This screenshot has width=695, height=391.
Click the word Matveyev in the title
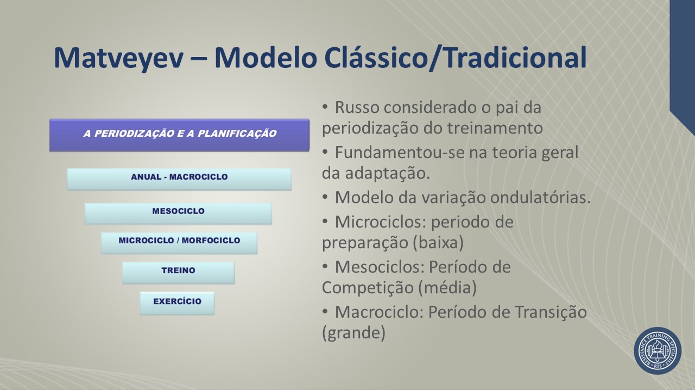[x=118, y=58]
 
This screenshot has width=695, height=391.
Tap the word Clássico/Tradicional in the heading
[x=456, y=58]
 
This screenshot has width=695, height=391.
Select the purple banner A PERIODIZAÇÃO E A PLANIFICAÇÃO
[x=179, y=135]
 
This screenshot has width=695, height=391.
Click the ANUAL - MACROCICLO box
[x=179, y=179]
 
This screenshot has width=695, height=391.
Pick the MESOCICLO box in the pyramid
[x=179, y=213]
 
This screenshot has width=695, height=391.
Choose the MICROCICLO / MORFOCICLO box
[x=179, y=243]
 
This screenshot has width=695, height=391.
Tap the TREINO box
[x=179, y=273]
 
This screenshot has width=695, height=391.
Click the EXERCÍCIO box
[x=177, y=303]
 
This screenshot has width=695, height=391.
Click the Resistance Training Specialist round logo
[x=658, y=351]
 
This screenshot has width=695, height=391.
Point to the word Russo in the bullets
[x=357, y=108]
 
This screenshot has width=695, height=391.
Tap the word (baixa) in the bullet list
[x=438, y=242]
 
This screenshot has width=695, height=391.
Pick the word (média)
[x=447, y=287]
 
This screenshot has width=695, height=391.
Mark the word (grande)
[x=353, y=333]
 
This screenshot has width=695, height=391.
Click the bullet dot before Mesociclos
[x=325, y=267]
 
